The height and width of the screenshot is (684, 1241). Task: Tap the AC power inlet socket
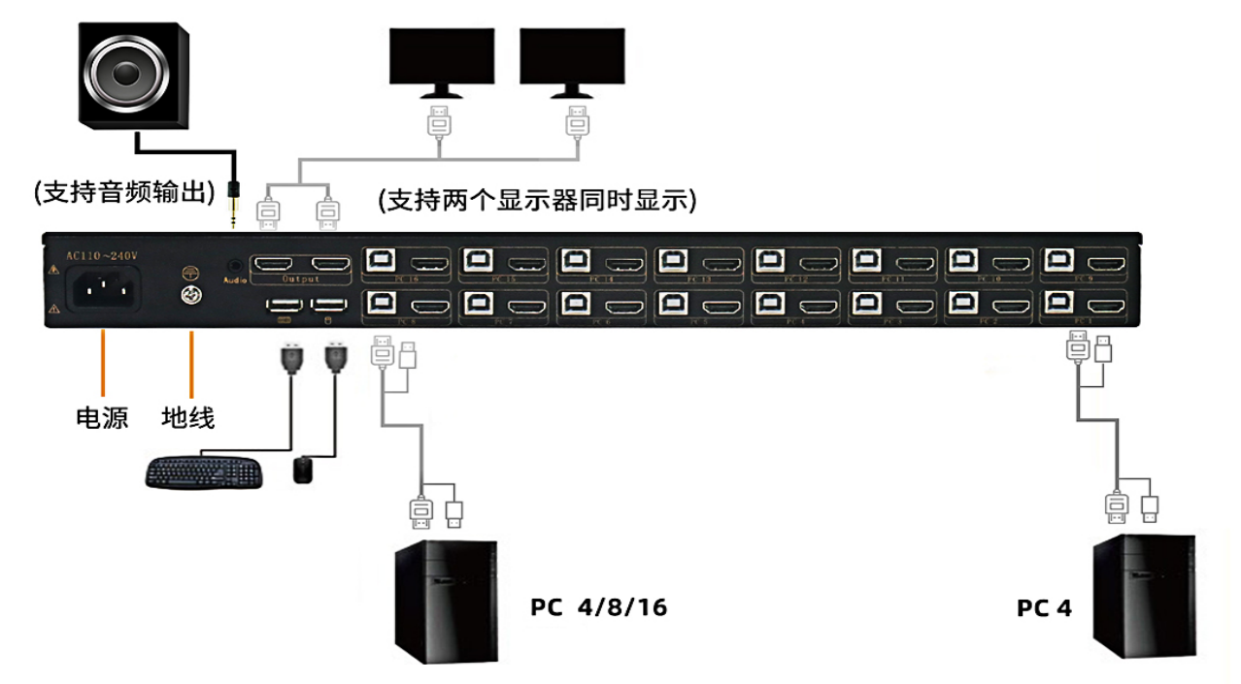point(103,288)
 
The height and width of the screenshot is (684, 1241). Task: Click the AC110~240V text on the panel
point(102,255)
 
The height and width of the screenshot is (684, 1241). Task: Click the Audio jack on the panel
point(233,263)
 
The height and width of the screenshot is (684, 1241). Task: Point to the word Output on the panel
point(300,279)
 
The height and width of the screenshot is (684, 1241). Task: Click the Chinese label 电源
point(102,418)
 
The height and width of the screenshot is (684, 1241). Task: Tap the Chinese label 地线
point(188,418)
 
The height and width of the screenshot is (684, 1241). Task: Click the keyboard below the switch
point(204,472)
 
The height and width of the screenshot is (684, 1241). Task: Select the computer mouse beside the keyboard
point(304,471)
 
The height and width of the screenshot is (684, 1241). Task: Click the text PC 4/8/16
point(599,607)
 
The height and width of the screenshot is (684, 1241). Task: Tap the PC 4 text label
point(1044,608)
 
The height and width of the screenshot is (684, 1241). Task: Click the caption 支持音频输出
point(124,192)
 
